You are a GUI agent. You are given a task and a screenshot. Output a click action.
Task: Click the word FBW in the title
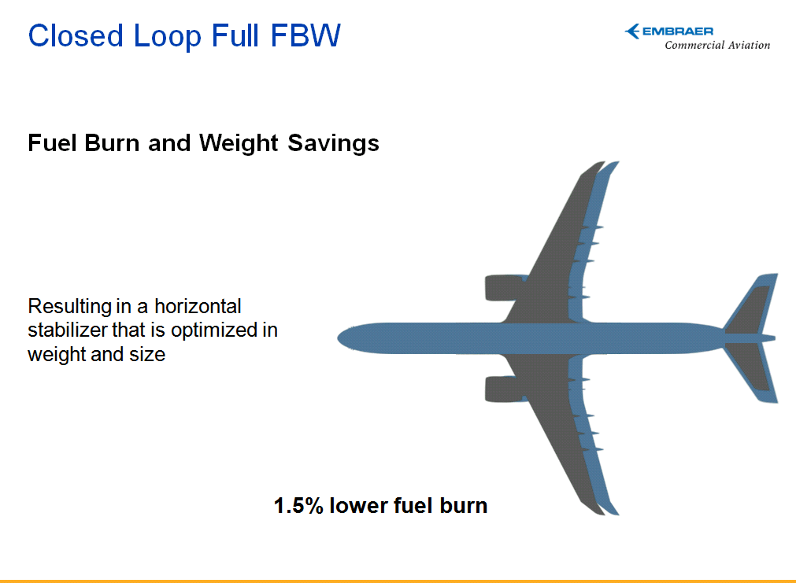pos(305,35)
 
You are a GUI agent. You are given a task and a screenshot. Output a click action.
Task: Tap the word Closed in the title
pos(76,35)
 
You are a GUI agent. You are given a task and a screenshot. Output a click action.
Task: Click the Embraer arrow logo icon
pos(632,31)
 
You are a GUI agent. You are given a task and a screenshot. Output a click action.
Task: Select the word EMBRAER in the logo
pos(678,31)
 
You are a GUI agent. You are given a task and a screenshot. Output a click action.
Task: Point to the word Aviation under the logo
pos(750,45)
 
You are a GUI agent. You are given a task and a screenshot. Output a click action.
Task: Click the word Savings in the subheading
pos(333,144)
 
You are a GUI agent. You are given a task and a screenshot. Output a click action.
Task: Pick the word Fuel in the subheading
pos(52,142)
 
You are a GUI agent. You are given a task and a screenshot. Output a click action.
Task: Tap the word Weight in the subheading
pos(239,144)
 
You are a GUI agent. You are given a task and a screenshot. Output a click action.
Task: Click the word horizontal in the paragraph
pos(198,306)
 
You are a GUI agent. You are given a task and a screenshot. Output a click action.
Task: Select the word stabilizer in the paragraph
pos(67,330)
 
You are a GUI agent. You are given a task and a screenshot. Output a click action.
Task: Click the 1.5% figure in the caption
pos(298,506)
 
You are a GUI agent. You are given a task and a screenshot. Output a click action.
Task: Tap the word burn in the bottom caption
pos(464,506)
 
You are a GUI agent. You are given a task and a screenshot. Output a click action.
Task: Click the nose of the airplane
pos(339,338)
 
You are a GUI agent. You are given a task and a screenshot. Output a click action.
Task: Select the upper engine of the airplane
pos(505,288)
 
